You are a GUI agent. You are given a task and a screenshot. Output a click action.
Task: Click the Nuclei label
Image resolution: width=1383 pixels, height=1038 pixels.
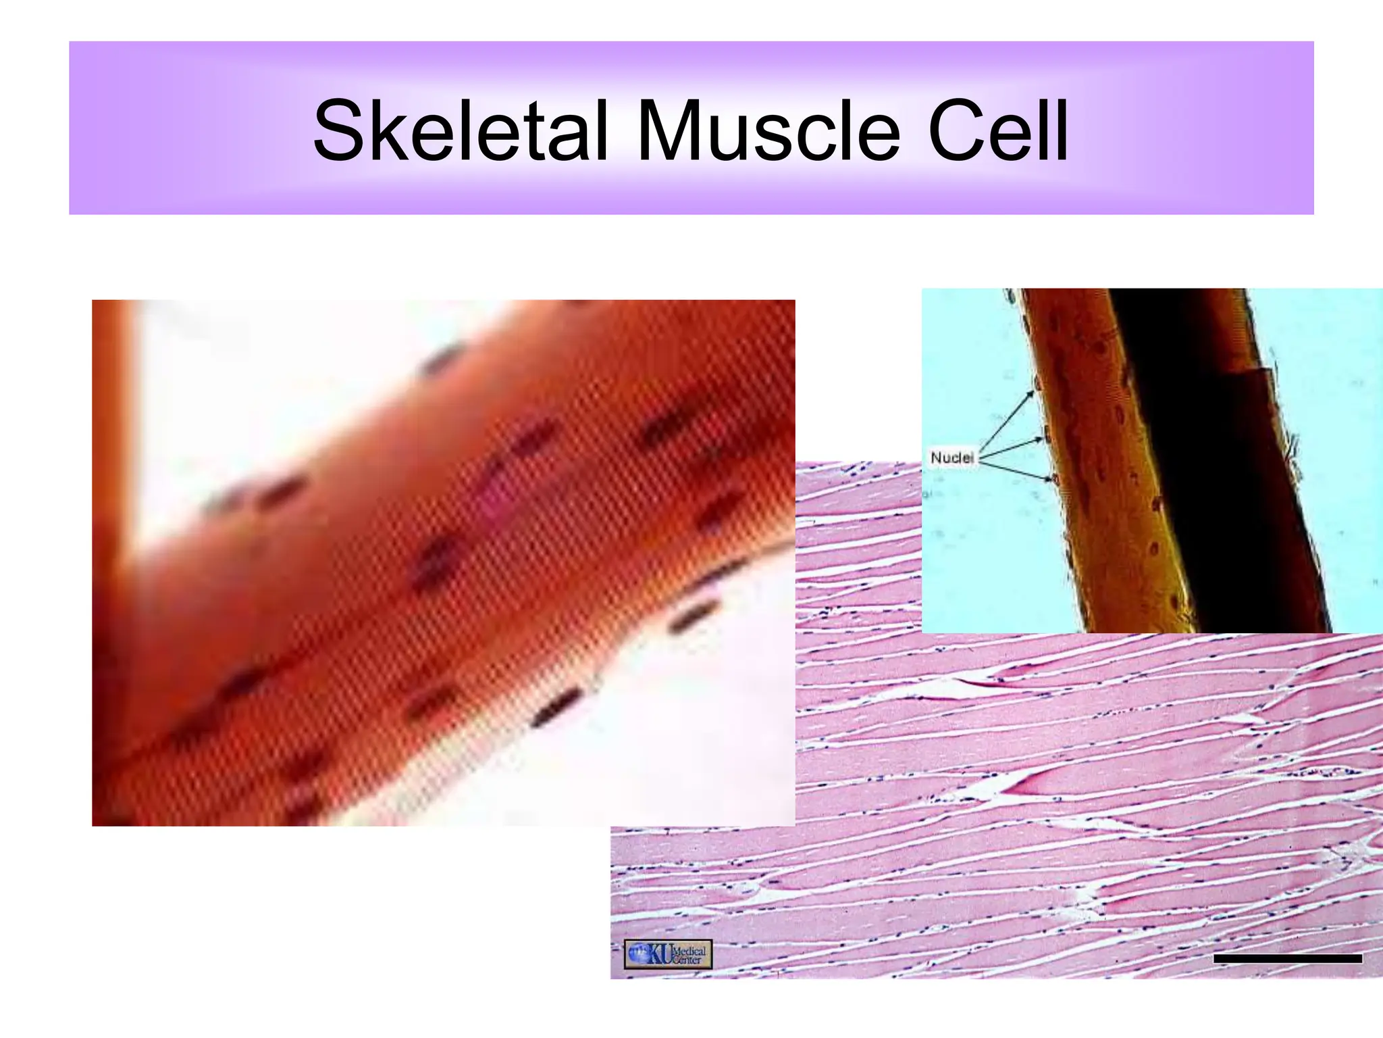951,458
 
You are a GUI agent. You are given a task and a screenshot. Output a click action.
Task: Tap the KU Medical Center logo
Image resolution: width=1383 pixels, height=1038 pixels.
667,954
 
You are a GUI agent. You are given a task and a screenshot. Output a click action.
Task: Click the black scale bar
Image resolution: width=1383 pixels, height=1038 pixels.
1287,958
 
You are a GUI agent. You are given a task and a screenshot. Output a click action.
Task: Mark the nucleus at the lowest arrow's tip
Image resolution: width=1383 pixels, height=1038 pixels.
1054,480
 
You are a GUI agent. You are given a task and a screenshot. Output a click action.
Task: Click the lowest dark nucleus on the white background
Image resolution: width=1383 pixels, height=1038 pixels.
555,706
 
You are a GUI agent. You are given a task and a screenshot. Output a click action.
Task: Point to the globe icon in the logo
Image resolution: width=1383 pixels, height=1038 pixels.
637,954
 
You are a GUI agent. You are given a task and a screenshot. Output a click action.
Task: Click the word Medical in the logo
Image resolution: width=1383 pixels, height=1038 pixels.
690,950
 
